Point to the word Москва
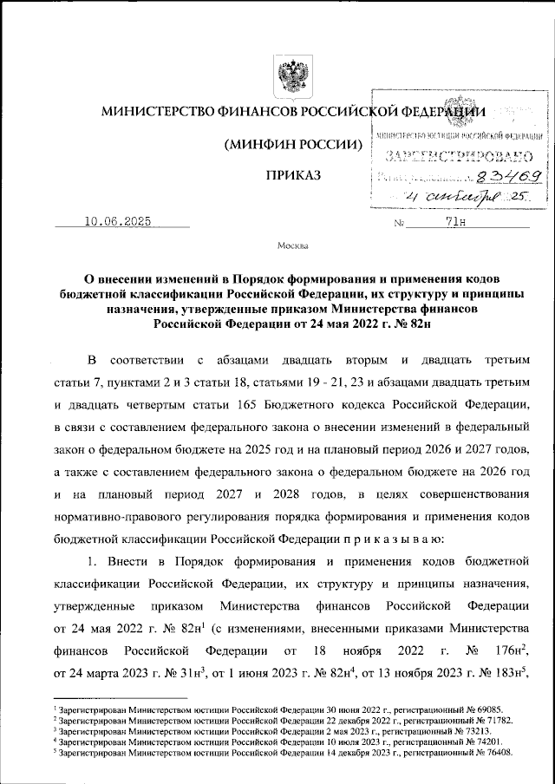click(x=293, y=246)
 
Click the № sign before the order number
click(x=400, y=224)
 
